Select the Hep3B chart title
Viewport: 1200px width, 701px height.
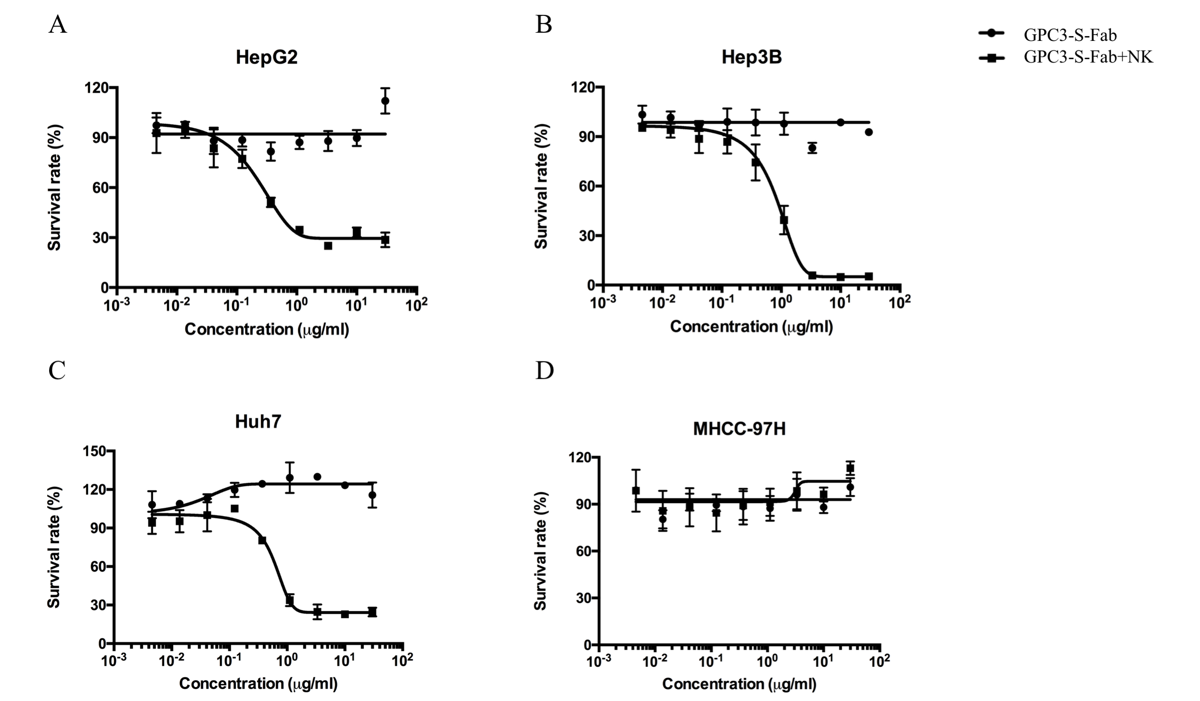751,57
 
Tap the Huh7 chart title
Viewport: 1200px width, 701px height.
258,422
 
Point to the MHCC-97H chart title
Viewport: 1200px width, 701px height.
739,428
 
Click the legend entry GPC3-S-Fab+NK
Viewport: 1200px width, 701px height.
1088,57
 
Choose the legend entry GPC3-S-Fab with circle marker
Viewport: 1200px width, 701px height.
1069,35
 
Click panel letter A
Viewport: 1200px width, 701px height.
58,25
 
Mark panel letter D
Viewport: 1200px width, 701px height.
544,371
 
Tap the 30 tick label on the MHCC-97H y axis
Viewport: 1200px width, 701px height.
582,598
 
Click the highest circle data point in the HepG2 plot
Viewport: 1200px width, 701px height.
385,101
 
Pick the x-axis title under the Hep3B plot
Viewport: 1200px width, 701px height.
751,327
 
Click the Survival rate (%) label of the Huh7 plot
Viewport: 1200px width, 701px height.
54,547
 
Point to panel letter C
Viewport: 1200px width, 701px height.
57,371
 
